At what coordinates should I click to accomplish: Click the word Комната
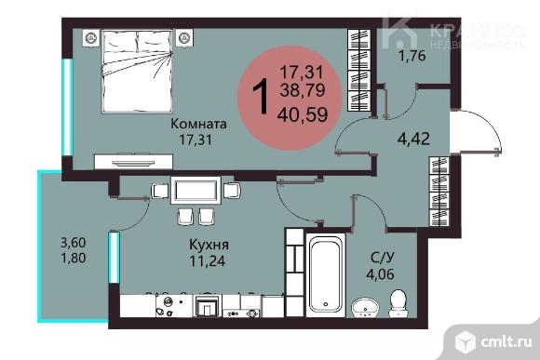[x=198, y=124]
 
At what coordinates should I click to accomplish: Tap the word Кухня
[x=209, y=245]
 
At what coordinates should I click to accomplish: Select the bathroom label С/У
[x=383, y=258]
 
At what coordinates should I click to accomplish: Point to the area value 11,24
[x=208, y=260]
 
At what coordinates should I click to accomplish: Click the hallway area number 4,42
[x=413, y=139]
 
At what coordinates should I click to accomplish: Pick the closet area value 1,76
[x=412, y=56]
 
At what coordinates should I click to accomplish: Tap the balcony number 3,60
[x=73, y=243]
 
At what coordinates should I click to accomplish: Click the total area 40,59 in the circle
[x=303, y=114]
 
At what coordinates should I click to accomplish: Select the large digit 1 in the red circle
[x=261, y=96]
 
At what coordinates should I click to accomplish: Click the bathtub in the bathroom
[x=326, y=275]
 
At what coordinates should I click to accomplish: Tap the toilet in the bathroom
[x=398, y=303]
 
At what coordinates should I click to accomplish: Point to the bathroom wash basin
[x=365, y=307]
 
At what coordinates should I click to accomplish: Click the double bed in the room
[x=137, y=72]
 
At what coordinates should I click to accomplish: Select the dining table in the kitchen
[x=196, y=191]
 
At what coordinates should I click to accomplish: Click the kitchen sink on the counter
[x=169, y=306]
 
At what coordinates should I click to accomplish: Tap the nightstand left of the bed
[x=91, y=37]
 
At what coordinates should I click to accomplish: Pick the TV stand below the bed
[x=133, y=162]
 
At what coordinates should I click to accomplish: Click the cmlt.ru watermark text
[x=506, y=342]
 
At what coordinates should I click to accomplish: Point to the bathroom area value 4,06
[x=380, y=274]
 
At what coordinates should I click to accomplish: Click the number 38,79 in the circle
[x=303, y=90]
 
